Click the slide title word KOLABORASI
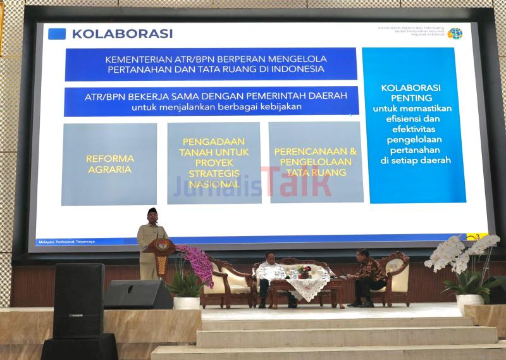(122, 34)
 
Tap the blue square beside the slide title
(57, 34)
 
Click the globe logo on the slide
(455, 34)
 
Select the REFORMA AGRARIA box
(109, 164)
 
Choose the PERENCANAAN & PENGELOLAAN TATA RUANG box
(316, 162)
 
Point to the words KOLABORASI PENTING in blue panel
(411, 93)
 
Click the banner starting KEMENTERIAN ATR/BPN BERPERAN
(211, 64)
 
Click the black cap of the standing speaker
(152, 211)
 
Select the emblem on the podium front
(163, 245)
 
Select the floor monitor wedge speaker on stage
(138, 294)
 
